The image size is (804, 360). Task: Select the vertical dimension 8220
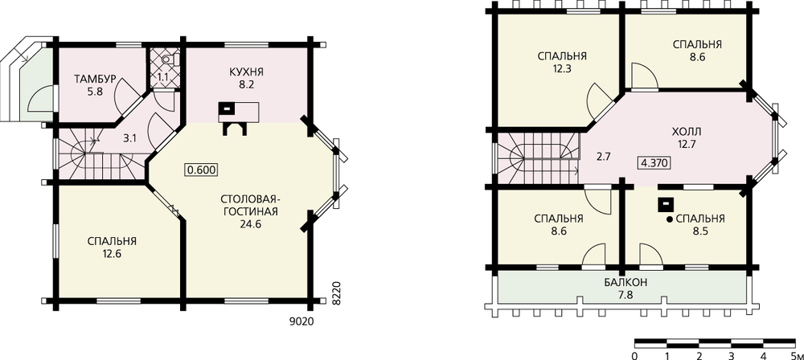click(336, 293)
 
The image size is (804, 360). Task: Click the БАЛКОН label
click(625, 282)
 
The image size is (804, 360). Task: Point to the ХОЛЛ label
click(686, 133)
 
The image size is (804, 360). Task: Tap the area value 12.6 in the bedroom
click(112, 253)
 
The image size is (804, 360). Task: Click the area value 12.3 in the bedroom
click(562, 67)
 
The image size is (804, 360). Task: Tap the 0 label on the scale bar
click(635, 355)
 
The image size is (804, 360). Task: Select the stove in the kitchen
click(226, 108)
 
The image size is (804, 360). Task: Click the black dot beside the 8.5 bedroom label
click(669, 219)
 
